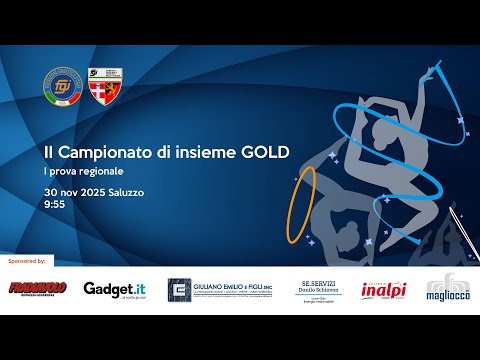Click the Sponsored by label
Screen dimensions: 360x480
pos(27,260)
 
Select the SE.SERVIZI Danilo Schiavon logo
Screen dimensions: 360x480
pos(320,289)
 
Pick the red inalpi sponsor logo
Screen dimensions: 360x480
pos(381,288)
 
